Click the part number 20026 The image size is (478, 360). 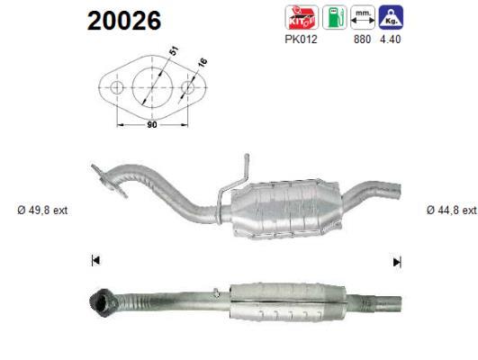[124, 21]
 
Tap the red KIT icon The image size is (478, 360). [302, 17]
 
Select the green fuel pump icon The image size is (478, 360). [334, 17]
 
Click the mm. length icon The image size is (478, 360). [363, 17]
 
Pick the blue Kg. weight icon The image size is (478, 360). [391, 17]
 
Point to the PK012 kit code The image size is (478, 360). [301, 40]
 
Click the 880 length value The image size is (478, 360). [362, 40]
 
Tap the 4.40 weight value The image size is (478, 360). [390, 40]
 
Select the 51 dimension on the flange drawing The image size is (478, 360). [173, 50]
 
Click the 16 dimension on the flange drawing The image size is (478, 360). [203, 62]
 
